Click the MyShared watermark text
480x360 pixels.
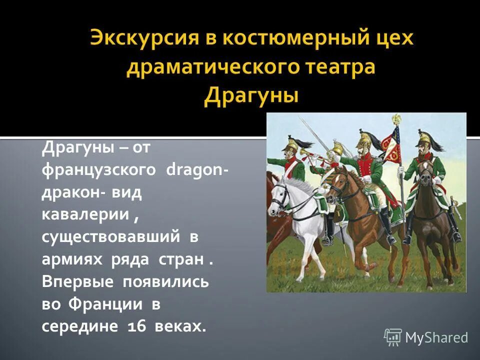436,337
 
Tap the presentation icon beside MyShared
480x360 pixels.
393,337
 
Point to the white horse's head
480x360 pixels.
280,192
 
